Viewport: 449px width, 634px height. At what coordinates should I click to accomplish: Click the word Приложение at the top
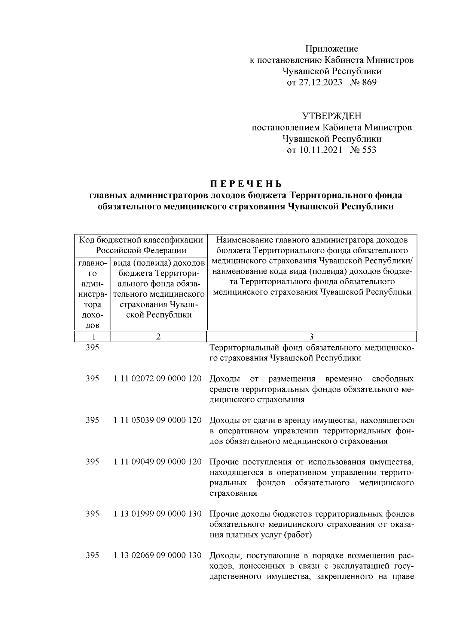(x=332, y=49)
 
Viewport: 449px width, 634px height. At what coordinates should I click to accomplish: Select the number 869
(x=369, y=82)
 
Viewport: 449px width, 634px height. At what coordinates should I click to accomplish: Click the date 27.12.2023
(x=320, y=82)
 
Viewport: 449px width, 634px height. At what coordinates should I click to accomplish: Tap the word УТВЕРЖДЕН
(x=332, y=117)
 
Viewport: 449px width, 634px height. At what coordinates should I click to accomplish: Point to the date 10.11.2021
(x=320, y=150)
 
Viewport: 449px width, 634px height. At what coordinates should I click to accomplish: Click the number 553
(x=369, y=150)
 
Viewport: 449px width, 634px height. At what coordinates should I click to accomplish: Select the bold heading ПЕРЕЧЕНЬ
(x=245, y=184)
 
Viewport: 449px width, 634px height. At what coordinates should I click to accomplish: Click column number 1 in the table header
(x=93, y=336)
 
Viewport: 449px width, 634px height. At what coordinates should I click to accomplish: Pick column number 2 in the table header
(x=158, y=336)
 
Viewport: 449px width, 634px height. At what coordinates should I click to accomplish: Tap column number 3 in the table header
(x=312, y=336)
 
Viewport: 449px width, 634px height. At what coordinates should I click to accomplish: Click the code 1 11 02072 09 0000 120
(x=158, y=379)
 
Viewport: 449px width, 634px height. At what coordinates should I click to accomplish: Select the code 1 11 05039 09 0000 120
(x=158, y=420)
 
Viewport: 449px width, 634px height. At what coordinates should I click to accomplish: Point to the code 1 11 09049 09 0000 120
(x=158, y=462)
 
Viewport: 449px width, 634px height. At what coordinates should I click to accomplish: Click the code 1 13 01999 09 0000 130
(x=158, y=514)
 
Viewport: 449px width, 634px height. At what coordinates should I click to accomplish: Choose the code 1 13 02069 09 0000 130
(x=158, y=555)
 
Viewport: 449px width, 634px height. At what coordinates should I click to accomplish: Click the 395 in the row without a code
(x=92, y=348)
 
